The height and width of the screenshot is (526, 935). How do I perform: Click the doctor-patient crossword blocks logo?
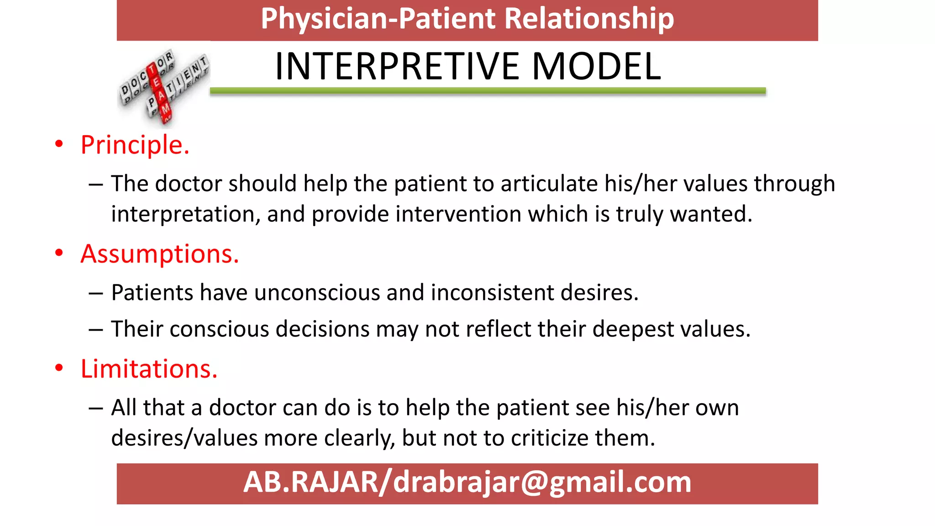point(163,86)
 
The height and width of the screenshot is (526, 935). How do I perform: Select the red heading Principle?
point(135,145)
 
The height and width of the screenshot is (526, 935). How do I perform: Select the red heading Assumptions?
point(159,254)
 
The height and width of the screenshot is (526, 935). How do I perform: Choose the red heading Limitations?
point(149,369)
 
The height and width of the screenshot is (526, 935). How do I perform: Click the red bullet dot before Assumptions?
point(59,253)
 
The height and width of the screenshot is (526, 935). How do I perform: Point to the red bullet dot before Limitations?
point(59,368)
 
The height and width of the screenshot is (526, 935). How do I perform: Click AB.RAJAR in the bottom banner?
point(310,483)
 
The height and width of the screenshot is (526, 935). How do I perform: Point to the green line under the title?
point(488,91)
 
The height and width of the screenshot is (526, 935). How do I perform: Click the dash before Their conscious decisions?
point(96,330)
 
